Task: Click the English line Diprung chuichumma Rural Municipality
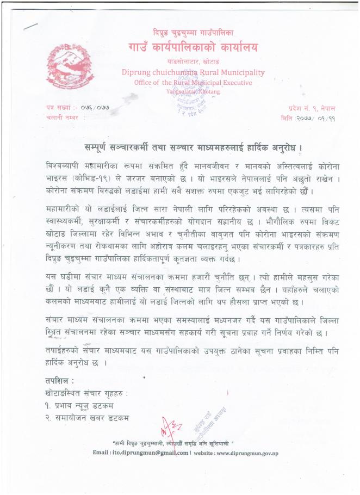coord(193,72)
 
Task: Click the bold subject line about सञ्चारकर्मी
coord(193,147)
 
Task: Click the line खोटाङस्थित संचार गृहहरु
coord(88,392)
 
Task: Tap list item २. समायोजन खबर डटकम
coord(88,417)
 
